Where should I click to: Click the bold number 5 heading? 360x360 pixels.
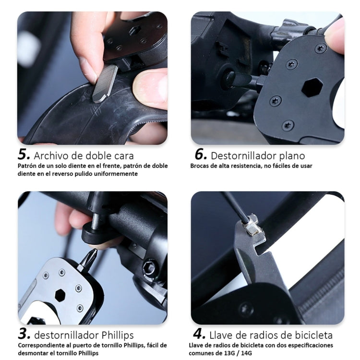click(x=24, y=155)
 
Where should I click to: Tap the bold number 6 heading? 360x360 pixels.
click(x=201, y=155)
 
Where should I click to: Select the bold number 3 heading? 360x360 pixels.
click(x=24, y=334)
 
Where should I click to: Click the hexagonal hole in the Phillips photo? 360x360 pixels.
click(x=60, y=295)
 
